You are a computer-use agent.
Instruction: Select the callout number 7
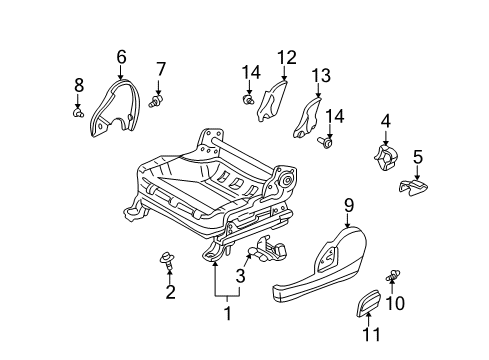point(160,69)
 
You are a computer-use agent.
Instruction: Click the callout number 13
point(320,77)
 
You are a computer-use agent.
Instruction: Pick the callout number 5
point(418,156)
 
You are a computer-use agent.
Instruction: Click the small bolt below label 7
point(155,99)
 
